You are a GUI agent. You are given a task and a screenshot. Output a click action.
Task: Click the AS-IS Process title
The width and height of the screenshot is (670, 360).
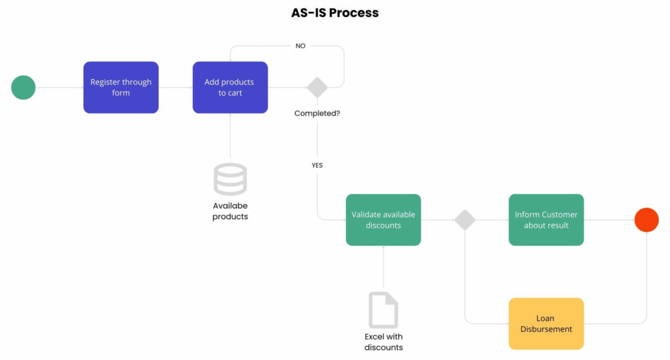[334, 12]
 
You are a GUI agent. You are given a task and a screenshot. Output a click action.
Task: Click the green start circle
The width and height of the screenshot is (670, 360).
[24, 87]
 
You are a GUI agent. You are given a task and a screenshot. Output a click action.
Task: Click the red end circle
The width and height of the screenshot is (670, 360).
[646, 220]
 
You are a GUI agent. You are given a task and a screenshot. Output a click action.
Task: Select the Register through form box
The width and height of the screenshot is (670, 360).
[121, 87]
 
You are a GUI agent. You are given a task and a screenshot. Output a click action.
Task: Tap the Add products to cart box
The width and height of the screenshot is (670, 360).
[230, 87]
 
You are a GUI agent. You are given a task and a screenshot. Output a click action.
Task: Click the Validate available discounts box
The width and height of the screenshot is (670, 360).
[383, 220]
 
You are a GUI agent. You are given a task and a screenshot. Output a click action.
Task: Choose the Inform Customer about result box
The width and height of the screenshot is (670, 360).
[546, 220]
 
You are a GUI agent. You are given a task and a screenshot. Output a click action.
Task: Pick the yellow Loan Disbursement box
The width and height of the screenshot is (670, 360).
[546, 323]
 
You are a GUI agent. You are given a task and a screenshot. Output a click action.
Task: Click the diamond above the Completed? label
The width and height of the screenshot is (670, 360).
[317, 87]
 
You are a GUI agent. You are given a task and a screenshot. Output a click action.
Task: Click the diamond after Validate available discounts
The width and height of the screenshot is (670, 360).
[465, 220]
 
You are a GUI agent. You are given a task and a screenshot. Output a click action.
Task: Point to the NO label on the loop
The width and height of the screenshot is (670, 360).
[300, 46]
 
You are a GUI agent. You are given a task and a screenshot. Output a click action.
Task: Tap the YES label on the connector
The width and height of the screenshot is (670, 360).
[317, 166]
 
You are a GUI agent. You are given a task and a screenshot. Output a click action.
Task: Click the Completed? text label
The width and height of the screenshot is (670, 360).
[317, 113]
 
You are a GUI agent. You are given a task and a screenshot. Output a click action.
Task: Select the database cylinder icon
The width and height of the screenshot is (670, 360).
[230, 179]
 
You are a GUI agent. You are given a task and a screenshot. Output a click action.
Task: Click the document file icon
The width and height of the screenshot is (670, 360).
[383, 309]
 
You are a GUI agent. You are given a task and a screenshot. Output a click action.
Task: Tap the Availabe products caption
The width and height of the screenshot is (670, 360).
[230, 211]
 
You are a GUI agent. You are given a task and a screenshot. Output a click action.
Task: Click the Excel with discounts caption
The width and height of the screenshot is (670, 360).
[383, 342]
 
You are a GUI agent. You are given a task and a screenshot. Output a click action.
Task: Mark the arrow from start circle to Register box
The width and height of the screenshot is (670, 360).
[59, 87]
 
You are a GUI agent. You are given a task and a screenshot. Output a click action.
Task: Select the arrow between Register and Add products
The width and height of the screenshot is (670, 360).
[175, 87]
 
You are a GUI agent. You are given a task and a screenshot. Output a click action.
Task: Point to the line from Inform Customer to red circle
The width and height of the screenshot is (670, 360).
[608, 220]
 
